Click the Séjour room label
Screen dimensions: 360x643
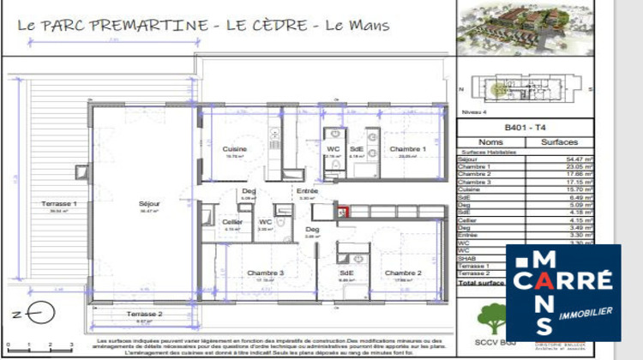[x=151, y=203]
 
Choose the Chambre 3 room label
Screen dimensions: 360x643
[x=266, y=273]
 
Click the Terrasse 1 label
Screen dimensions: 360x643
[x=59, y=203]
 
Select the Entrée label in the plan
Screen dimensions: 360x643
[x=307, y=191]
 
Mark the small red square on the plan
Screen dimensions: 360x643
[x=344, y=213]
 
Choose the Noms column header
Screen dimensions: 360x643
[x=490, y=141]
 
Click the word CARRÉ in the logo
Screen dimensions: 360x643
[x=563, y=282]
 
